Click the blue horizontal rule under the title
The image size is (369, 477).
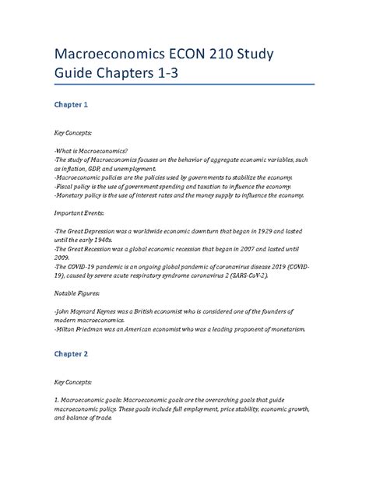point(184,85)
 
